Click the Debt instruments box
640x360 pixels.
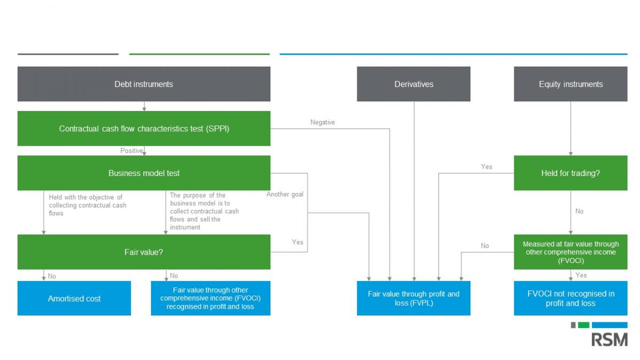[143, 84]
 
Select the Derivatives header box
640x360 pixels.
[413, 84]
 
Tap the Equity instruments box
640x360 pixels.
[571, 84]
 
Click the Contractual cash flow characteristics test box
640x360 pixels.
[143, 129]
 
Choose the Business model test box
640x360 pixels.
[143, 173]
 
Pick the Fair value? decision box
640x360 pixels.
[143, 252]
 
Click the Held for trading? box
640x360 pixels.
[571, 173]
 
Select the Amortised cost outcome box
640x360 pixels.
[74, 298]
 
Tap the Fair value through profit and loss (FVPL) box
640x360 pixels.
[413, 298]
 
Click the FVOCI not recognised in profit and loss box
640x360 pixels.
[571, 298]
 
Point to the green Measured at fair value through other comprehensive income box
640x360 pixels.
[571, 252]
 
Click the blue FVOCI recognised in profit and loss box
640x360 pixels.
[211, 298]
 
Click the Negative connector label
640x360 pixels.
[323, 122]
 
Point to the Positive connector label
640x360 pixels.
[131, 150]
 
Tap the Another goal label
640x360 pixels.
[285, 194]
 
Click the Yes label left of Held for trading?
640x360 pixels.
[486, 166]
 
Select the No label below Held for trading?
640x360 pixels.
[579, 211]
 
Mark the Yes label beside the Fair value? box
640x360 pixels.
[298, 242]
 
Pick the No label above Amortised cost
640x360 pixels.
[52, 276]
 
